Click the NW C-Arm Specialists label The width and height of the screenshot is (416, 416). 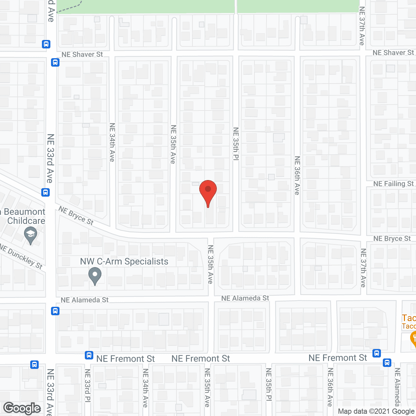point(124,261)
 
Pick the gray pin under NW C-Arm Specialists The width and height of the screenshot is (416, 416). point(95,276)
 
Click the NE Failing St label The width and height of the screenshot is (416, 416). point(393,184)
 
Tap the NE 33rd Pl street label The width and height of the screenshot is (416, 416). point(87,385)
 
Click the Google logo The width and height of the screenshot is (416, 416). point(22,408)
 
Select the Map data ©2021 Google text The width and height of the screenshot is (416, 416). point(376,411)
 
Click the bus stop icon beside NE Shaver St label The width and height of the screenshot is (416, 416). point(55,62)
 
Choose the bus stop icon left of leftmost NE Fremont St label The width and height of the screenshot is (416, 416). point(89,355)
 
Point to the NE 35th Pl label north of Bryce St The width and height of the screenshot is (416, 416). point(236,144)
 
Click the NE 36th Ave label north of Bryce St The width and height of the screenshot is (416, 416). point(297,175)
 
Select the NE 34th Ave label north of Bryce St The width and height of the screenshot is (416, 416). point(112,142)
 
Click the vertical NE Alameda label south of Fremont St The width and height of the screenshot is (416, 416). point(397,387)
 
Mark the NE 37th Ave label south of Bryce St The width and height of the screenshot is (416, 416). point(363,268)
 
